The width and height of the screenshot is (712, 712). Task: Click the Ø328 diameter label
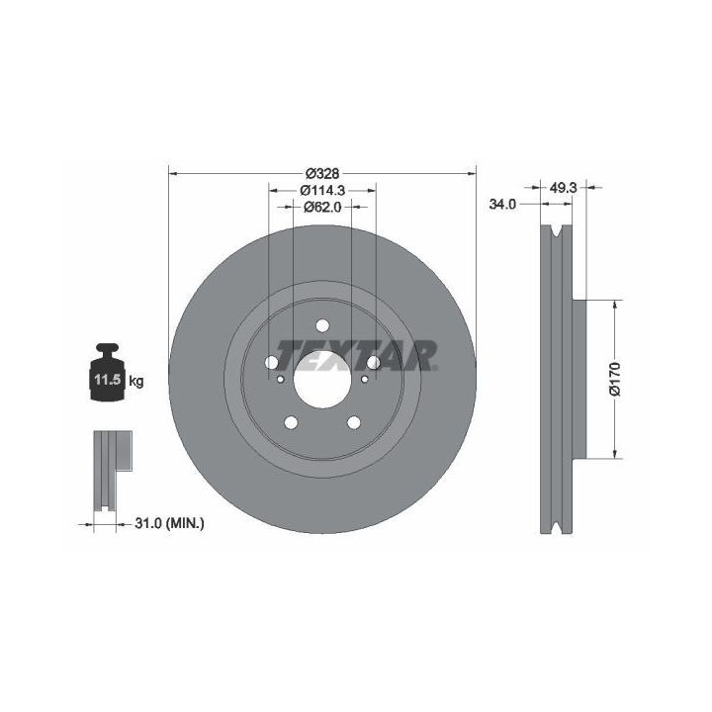(322, 173)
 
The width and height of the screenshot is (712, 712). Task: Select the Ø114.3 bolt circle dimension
(322, 190)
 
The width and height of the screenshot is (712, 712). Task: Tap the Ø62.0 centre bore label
(322, 207)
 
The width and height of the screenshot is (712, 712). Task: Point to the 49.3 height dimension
(563, 187)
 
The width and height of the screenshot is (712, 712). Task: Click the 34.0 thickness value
(502, 205)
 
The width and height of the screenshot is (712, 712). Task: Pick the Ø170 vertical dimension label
(615, 379)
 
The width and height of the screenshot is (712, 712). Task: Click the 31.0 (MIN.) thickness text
(169, 523)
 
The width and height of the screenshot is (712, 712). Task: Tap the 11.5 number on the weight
(107, 379)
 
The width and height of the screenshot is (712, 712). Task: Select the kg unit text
(136, 381)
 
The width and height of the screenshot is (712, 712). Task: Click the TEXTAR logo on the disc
(356, 356)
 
